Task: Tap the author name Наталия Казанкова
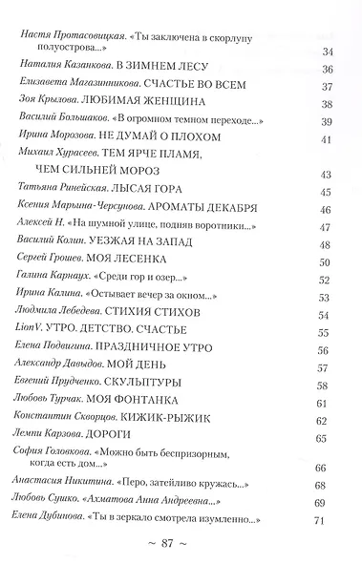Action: point(57,68)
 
